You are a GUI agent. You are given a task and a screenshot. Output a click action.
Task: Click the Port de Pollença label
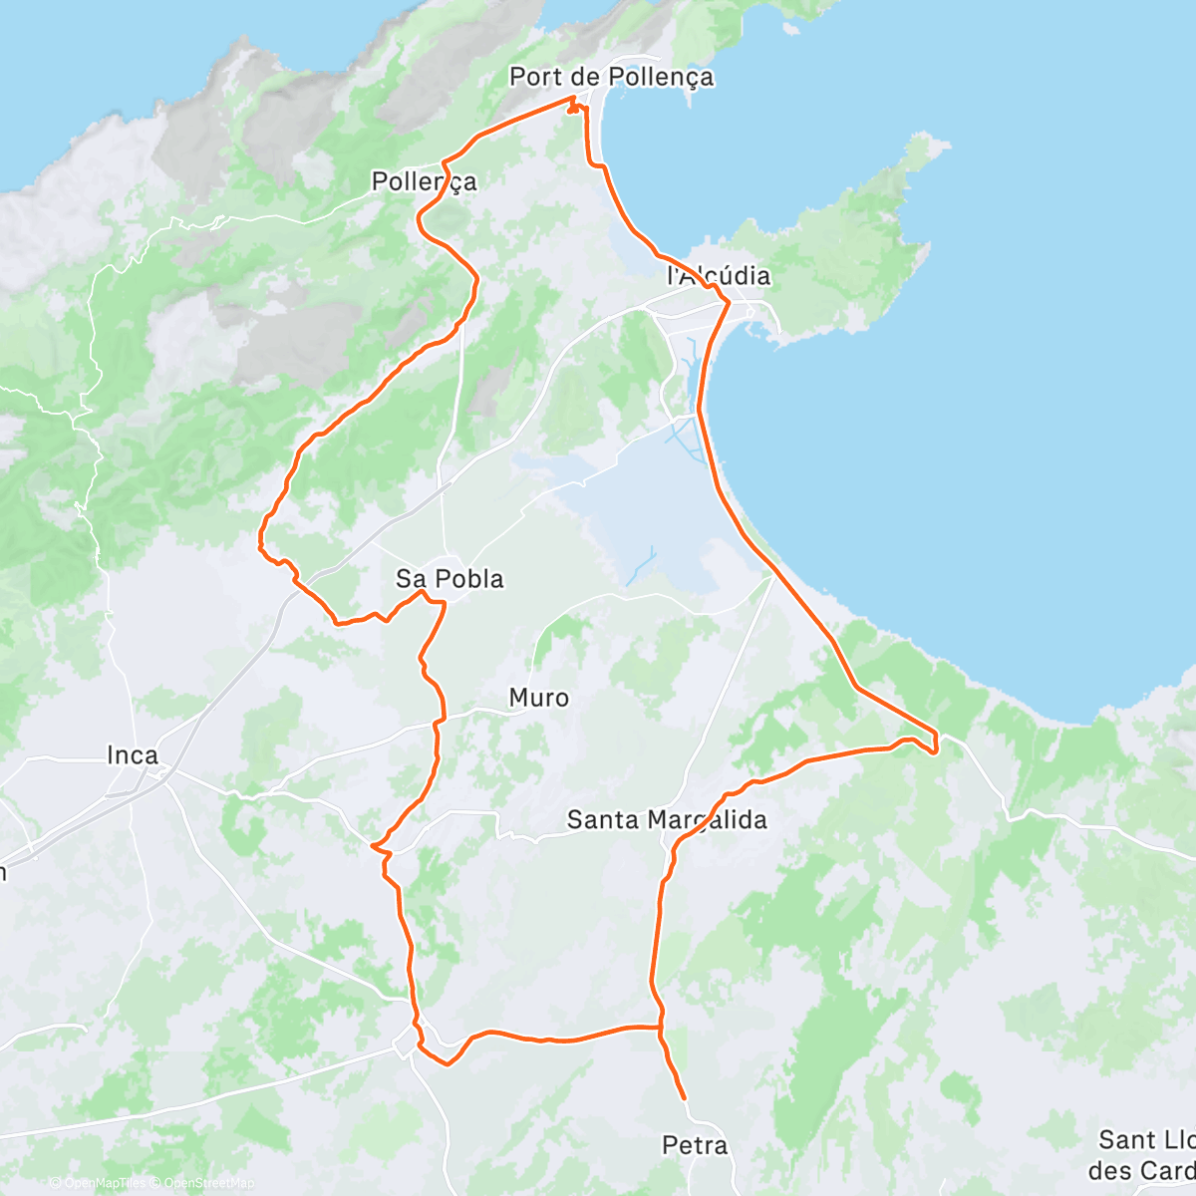[611, 77]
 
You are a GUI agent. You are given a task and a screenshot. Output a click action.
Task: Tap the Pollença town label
[424, 181]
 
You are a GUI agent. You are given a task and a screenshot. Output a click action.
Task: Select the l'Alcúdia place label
[718, 275]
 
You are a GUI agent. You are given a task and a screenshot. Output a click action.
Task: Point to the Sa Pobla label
[449, 579]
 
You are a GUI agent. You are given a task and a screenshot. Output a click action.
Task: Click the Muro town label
[539, 698]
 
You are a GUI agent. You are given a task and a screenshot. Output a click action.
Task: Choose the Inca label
[133, 755]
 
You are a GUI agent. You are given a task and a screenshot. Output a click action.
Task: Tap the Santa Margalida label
[667, 820]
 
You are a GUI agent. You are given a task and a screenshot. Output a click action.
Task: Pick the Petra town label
[695, 1146]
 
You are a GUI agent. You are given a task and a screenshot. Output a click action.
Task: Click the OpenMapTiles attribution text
[104, 1183]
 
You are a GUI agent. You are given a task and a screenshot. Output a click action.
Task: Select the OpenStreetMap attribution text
[209, 1183]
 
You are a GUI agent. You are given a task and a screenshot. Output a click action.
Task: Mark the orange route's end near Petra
[685, 1098]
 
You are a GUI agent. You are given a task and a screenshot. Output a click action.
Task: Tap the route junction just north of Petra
[660, 1027]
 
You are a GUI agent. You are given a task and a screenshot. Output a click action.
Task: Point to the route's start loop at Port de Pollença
[573, 106]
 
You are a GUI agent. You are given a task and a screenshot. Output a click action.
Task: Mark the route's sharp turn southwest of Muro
[373, 847]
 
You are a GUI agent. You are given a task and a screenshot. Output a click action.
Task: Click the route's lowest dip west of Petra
[448, 1062]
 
